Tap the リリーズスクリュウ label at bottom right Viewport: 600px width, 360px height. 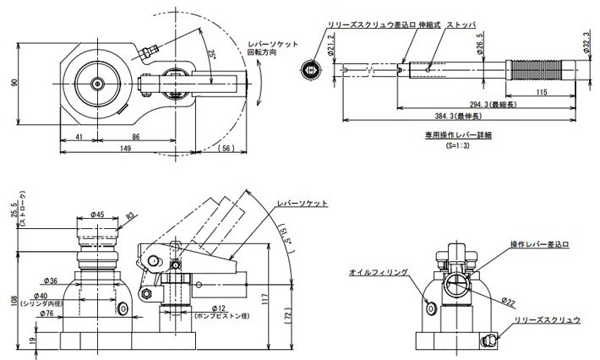[x=548, y=321]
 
